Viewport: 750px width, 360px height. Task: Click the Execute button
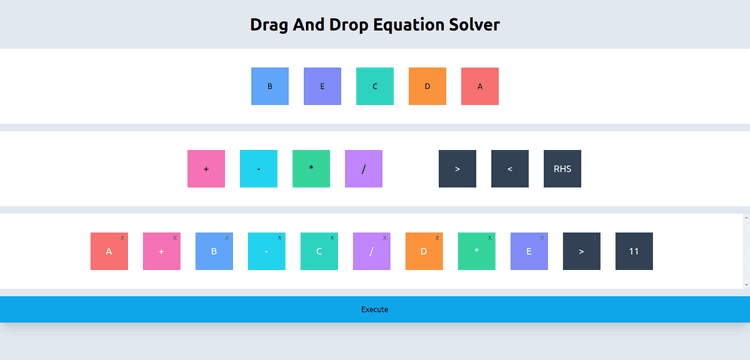tap(374, 309)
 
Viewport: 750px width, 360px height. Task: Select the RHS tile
tap(562, 169)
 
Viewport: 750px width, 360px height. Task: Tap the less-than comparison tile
tap(510, 169)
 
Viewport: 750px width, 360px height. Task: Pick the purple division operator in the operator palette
tap(364, 169)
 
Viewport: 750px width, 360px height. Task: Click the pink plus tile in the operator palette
tap(206, 169)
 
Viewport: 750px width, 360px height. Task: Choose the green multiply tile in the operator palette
tap(311, 169)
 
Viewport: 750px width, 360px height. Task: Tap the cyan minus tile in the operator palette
tap(259, 169)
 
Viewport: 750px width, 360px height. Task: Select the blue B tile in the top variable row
tap(270, 86)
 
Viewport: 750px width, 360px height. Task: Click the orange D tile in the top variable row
tap(427, 86)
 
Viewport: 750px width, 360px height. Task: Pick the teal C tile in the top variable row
tap(375, 86)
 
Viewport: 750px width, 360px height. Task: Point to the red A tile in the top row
tap(480, 86)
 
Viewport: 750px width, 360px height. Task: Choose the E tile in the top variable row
tap(322, 86)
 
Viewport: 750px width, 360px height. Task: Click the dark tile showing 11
tap(634, 251)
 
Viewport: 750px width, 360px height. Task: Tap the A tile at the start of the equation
tap(109, 251)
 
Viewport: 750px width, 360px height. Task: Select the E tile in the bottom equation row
tap(529, 251)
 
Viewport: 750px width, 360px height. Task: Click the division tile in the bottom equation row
tap(372, 251)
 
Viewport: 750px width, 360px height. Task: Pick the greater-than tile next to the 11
tap(582, 251)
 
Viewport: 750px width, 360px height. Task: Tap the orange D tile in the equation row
tap(424, 251)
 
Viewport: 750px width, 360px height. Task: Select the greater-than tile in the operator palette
tap(457, 169)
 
